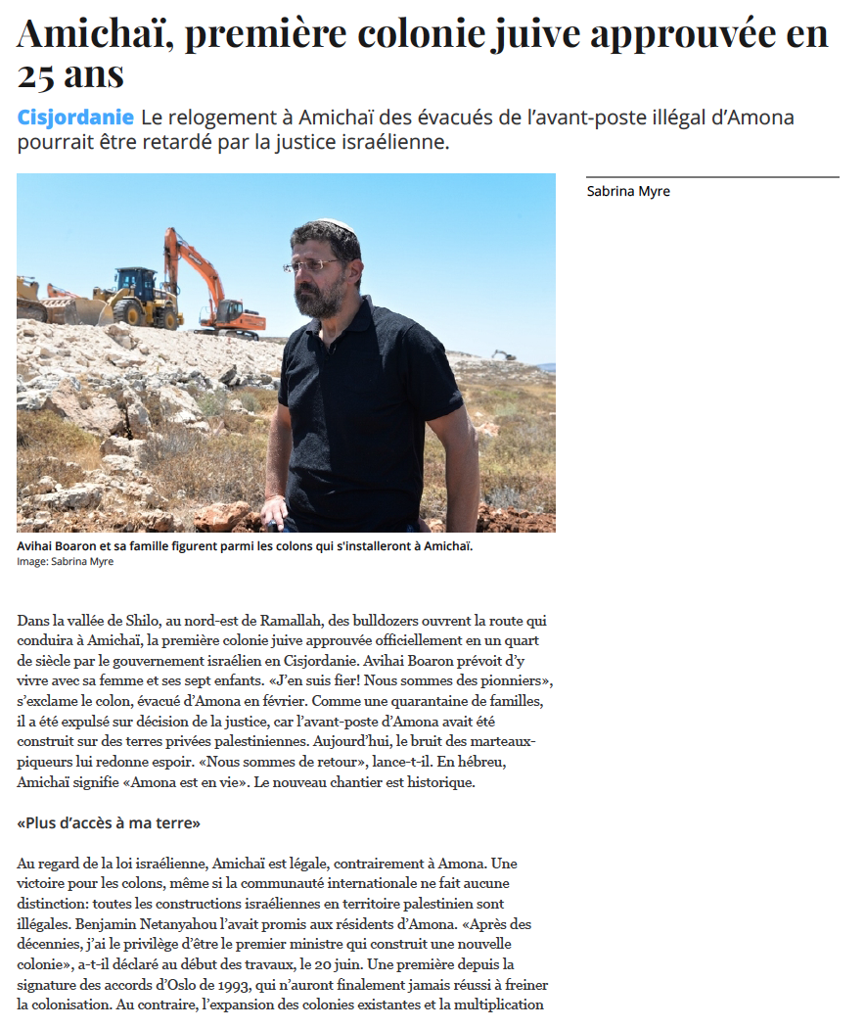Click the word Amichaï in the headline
click(x=93, y=34)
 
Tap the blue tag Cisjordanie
click(x=75, y=117)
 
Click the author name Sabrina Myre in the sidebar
click(x=628, y=191)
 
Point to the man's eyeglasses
click(x=313, y=264)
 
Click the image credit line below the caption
click(x=65, y=561)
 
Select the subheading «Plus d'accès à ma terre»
click(x=109, y=823)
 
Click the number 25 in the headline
click(x=38, y=74)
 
